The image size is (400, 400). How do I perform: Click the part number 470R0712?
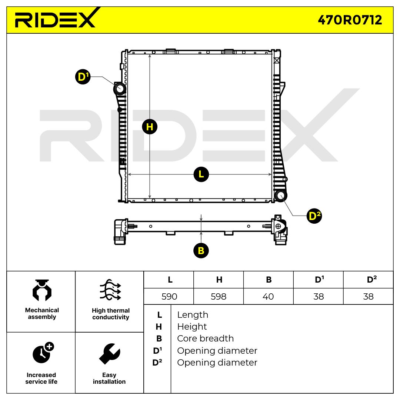click(x=350, y=20)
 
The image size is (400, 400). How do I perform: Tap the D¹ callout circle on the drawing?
click(x=83, y=77)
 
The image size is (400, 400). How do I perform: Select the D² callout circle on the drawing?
click(x=314, y=216)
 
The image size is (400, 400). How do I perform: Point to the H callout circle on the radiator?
click(x=150, y=127)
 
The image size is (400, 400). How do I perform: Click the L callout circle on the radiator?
click(x=201, y=174)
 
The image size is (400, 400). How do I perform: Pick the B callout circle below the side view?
click(x=201, y=251)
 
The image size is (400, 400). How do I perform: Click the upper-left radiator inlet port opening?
click(x=120, y=89)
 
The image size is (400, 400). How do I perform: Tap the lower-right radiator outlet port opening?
click(x=280, y=196)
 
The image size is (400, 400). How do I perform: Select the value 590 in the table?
click(x=169, y=297)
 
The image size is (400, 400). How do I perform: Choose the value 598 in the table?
click(x=219, y=297)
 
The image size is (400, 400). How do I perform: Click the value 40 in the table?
click(x=268, y=297)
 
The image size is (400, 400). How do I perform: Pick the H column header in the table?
click(x=219, y=280)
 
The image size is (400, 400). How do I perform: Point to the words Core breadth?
click(x=205, y=339)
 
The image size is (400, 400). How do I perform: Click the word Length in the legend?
click(x=193, y=315)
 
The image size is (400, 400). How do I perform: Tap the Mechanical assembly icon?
click(x=42, y=290)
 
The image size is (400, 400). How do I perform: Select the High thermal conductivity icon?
click(x=110, y=290)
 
